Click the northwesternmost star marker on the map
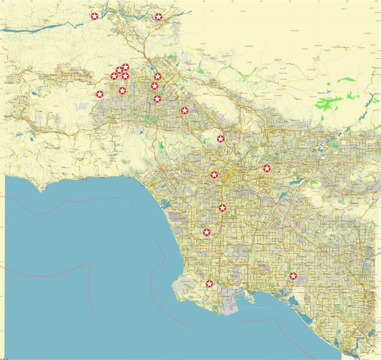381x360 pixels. pyautogui.click(x=94, y=16)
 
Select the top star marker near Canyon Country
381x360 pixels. pyautogui.click(x=158, y=17)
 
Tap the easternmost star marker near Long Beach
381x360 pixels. pyautogui.click(x=293, y=276)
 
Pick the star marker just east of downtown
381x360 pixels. pyautogui.click(x=267, y=168)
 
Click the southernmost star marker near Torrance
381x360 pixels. pyautogui.click(x=209, y=284)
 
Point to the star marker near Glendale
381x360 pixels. pyautogui.click(x=221, y=139)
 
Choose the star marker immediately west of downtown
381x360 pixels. pyautogui.click(x=214, y=175)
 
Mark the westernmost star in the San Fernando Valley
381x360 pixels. pyautogui.click(x=100, y=94)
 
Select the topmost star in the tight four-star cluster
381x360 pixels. pyautogui.click(x=125, y=67)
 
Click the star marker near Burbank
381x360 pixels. pyautogui.click(x=185, y=110)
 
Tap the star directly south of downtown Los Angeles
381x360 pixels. pyautogui.click(x=223, y=208)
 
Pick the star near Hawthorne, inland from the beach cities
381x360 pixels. pyautogui.click(x=206, y=232)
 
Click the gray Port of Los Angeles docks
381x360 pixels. pyautogui.click(x=231, y=303)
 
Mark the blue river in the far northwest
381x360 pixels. pyautogui.click(x=36, y=28)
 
